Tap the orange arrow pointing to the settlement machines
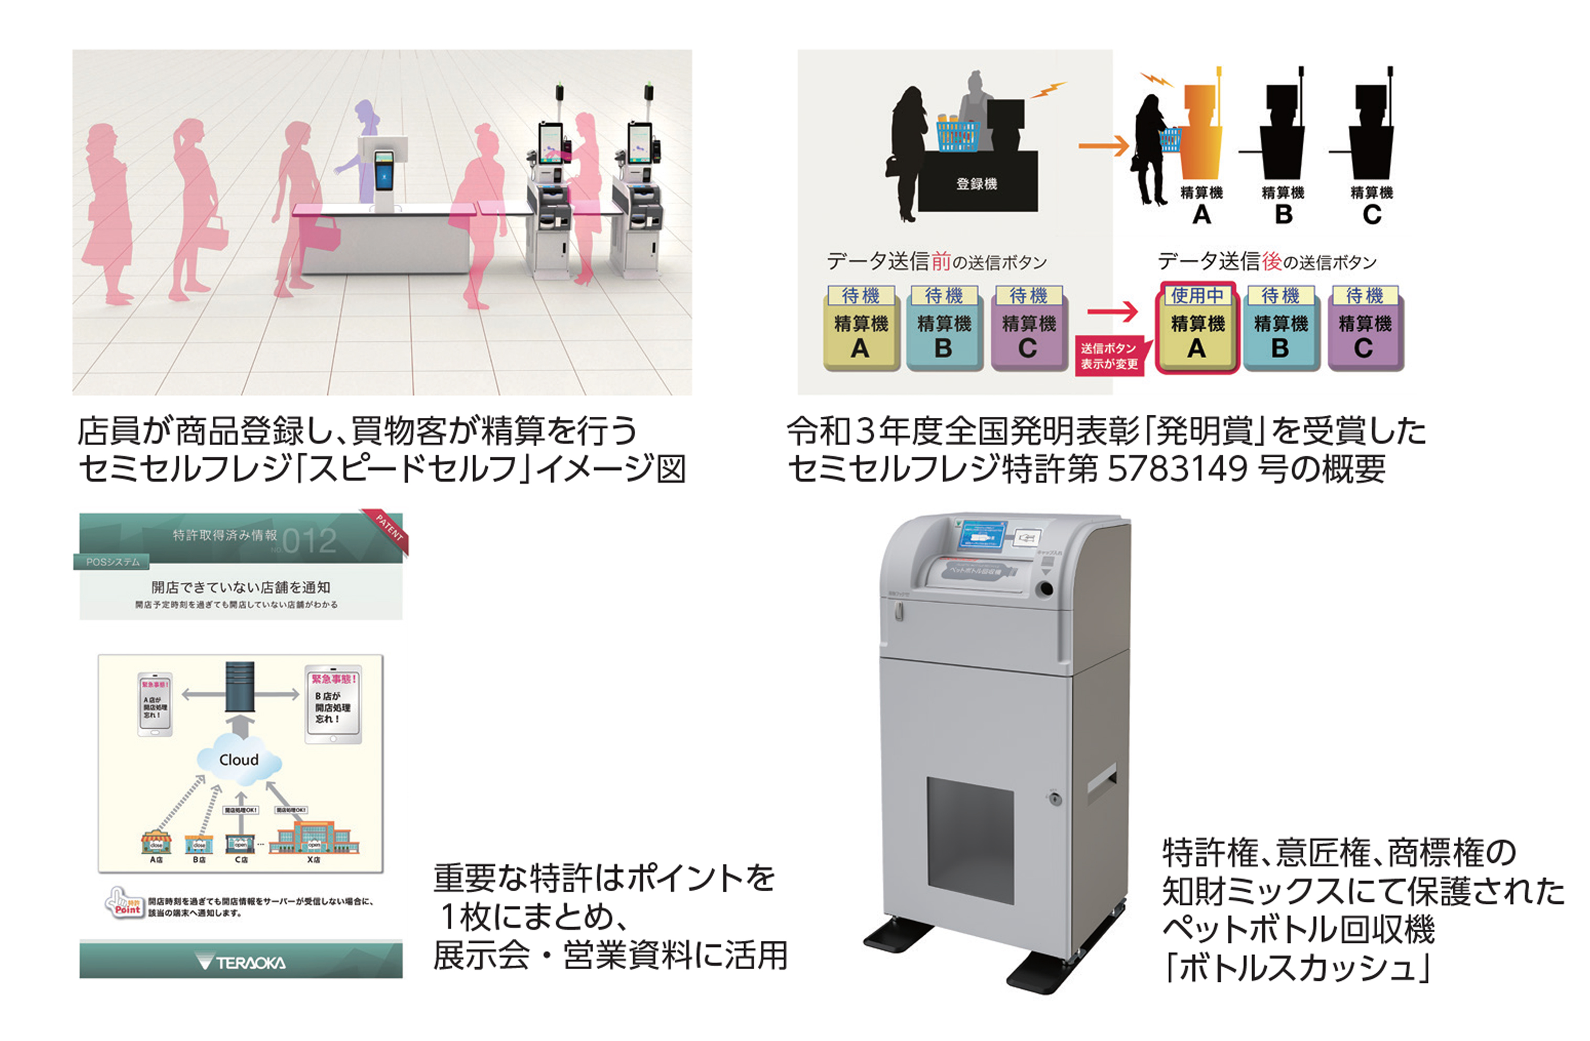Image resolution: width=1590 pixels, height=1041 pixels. click(1102, 146)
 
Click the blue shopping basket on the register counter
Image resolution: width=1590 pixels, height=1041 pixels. click(957, 135)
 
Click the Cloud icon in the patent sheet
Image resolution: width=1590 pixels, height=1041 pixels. click(239, 760)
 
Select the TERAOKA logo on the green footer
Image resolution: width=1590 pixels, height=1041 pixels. click(241, 962)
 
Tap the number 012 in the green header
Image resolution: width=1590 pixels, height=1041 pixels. click(309, 541)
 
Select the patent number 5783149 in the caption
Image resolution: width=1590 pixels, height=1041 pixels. click(1177, 469)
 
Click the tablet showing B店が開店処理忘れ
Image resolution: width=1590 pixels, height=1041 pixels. click(333, 704)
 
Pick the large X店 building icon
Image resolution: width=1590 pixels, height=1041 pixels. click(313, 837)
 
